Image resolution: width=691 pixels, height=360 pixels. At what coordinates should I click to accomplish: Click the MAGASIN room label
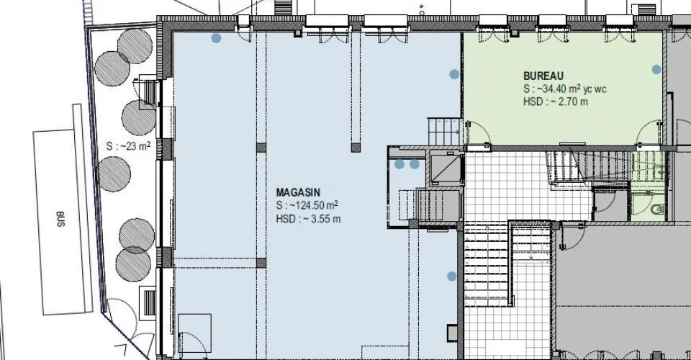coord(298,192)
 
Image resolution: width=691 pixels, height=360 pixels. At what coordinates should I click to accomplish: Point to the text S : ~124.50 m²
coord(307,205)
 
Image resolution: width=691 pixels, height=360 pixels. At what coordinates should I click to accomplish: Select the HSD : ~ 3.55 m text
coord(308,219)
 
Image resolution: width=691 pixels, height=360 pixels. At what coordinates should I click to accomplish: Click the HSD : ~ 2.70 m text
coord(555,102)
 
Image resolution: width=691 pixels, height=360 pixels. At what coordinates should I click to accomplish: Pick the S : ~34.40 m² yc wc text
coord(564,89)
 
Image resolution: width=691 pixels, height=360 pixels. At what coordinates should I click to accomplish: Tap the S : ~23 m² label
coord(128,146)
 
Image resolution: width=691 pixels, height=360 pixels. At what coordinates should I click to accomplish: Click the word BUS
coord(60,219)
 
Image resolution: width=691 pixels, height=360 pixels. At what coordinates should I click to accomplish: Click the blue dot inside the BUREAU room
coord(656,69)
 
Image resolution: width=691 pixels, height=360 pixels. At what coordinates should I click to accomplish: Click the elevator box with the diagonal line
coord(444,168)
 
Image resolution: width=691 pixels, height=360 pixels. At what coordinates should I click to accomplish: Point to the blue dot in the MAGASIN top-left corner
coord(216,38)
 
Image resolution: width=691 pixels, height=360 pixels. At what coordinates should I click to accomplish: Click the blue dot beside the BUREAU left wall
coord(454,74)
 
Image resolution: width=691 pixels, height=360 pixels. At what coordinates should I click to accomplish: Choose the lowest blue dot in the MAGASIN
coord(452,276)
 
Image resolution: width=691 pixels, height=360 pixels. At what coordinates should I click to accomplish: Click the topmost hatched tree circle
coord(135,46)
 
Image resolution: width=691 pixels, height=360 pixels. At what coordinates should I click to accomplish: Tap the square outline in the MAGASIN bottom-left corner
coord(194,333)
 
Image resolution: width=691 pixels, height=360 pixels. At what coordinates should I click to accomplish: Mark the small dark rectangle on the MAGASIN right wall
coord(452,333)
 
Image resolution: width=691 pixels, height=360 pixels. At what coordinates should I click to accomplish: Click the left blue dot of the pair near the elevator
coord(399,164)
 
